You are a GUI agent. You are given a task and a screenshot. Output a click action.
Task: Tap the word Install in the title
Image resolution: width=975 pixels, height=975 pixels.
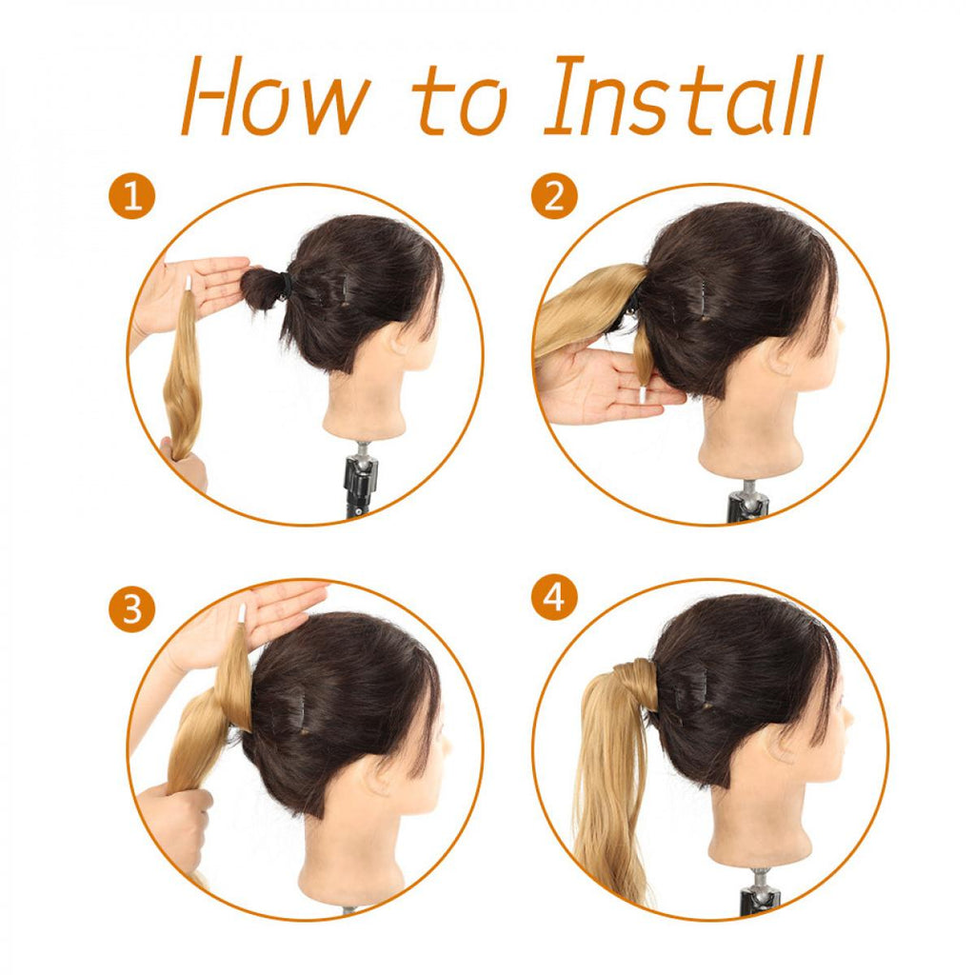click(684, 94)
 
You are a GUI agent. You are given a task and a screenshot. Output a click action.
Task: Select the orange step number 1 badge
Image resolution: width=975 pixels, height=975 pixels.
click(131, 195)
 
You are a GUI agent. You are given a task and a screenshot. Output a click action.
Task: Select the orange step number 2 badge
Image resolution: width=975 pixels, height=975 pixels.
click(555, 195)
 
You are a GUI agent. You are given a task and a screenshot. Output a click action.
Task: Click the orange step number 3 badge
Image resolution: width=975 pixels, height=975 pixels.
click(131, 607)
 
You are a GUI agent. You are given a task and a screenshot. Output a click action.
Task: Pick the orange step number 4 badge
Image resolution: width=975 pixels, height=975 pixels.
click(555, 598)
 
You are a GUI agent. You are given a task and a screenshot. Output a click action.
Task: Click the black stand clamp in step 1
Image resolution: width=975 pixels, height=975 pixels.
click(358, 485)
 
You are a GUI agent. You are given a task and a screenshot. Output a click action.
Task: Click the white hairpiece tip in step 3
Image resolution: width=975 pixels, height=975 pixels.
click(242, 614)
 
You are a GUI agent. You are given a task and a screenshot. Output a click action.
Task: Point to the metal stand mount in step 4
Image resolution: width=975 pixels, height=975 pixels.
click(760, 889)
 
